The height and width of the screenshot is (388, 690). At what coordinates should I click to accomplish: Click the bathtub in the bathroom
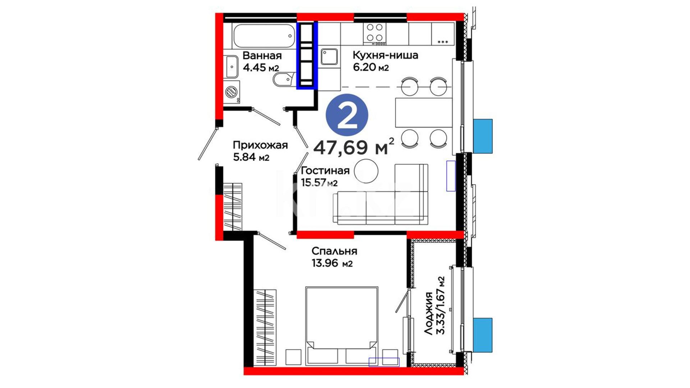[x=264, y=36]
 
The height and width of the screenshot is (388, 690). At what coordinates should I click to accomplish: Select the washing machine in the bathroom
[x=231, y=92]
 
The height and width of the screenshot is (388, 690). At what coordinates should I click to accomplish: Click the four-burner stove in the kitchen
[x=374, y=34]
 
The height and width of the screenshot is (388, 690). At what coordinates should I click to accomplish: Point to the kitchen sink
[x=329, y=57]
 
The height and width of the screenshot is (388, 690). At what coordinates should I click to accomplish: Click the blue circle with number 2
[x=347, y=115]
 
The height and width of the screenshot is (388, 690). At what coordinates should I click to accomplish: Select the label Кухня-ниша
[x=385, y=55]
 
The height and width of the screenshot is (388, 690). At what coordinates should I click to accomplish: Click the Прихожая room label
[x=260, y=145]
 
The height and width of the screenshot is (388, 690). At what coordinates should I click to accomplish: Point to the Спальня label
[x=334, y=251]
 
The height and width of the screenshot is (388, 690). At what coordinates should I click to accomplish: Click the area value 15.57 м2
[x=319, y=183]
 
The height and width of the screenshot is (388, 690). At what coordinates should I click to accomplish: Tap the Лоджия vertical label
[x=428, y=314]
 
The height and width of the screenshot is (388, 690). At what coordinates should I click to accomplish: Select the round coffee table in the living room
[x=366, y=171]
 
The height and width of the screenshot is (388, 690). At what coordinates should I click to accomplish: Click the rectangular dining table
[x=424, y=112]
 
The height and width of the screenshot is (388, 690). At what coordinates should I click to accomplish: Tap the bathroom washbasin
[x=232, y=67]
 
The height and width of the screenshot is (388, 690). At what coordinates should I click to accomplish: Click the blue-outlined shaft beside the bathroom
[x=307, y=55]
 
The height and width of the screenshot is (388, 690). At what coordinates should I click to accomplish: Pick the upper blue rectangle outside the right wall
[x=483, y=136]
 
